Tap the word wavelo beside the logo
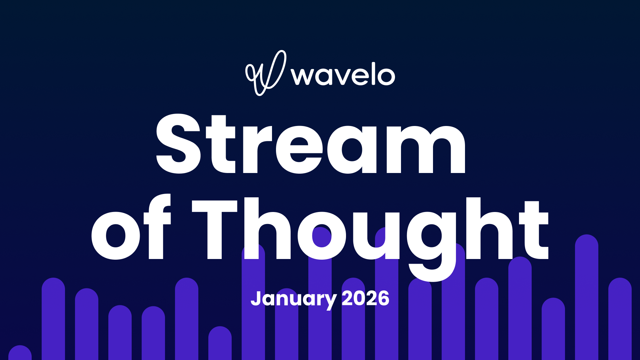343,75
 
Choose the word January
293,299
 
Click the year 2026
365,298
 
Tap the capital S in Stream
179,144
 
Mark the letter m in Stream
425,149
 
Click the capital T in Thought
215,229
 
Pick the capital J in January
256,298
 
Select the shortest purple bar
20,353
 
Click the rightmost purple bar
620,317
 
